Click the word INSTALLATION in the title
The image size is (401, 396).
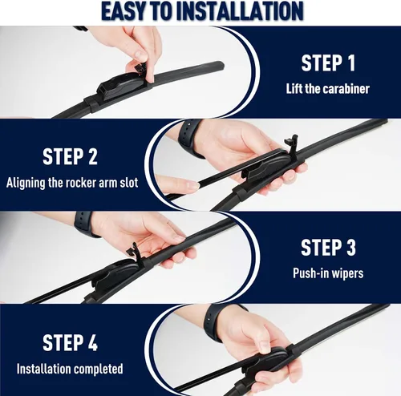[240, 11]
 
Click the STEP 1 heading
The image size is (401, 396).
[328, 63]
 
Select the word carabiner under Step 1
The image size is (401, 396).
[347, 88]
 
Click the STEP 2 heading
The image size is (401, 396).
[70, 156]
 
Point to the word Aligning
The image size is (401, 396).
[26, 184]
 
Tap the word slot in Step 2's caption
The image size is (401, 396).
[128, 183]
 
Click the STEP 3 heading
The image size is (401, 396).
[328, 248]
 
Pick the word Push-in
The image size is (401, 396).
[310, 273]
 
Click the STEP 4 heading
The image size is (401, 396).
[70, 342]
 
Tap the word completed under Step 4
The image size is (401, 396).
[98, 370]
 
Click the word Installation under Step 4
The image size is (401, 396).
[44, 369]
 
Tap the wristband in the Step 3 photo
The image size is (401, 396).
[85, 224]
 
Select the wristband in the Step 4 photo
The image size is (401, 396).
[215, 322]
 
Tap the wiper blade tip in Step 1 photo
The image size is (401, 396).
[220, 64]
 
